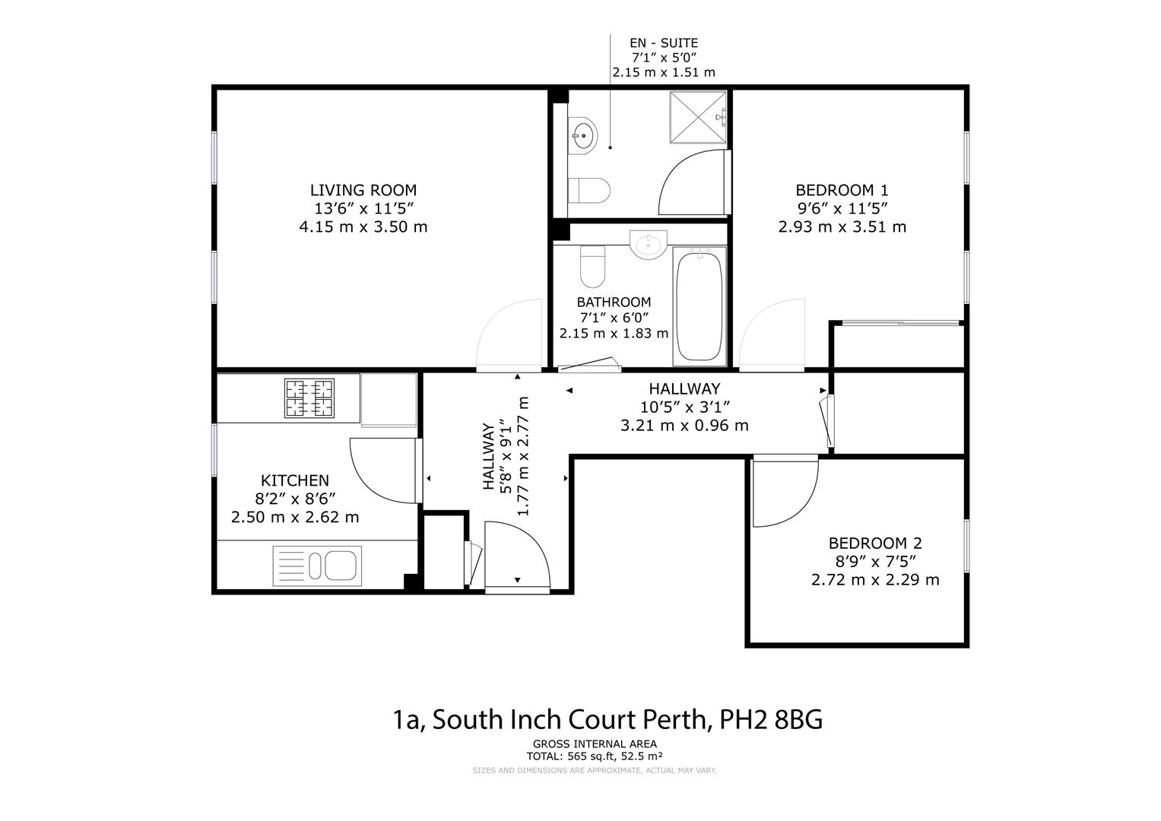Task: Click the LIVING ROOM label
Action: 363,190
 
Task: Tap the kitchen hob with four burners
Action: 309,398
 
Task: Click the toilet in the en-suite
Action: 589,189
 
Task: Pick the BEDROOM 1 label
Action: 842,190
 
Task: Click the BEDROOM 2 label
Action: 874,543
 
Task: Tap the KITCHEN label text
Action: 295,480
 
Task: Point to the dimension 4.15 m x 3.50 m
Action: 363,227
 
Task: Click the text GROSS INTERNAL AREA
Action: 595,744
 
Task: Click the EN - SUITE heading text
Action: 663,43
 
